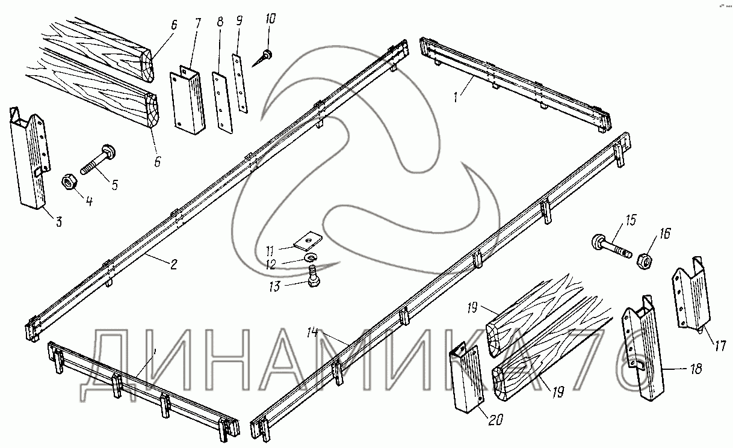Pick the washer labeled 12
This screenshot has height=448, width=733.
(x=311, y=257)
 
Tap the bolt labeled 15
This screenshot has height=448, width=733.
(x=611, y=247)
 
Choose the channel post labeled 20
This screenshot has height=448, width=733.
(x=466, y=379)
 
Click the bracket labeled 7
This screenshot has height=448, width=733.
(x=189, y=98)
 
